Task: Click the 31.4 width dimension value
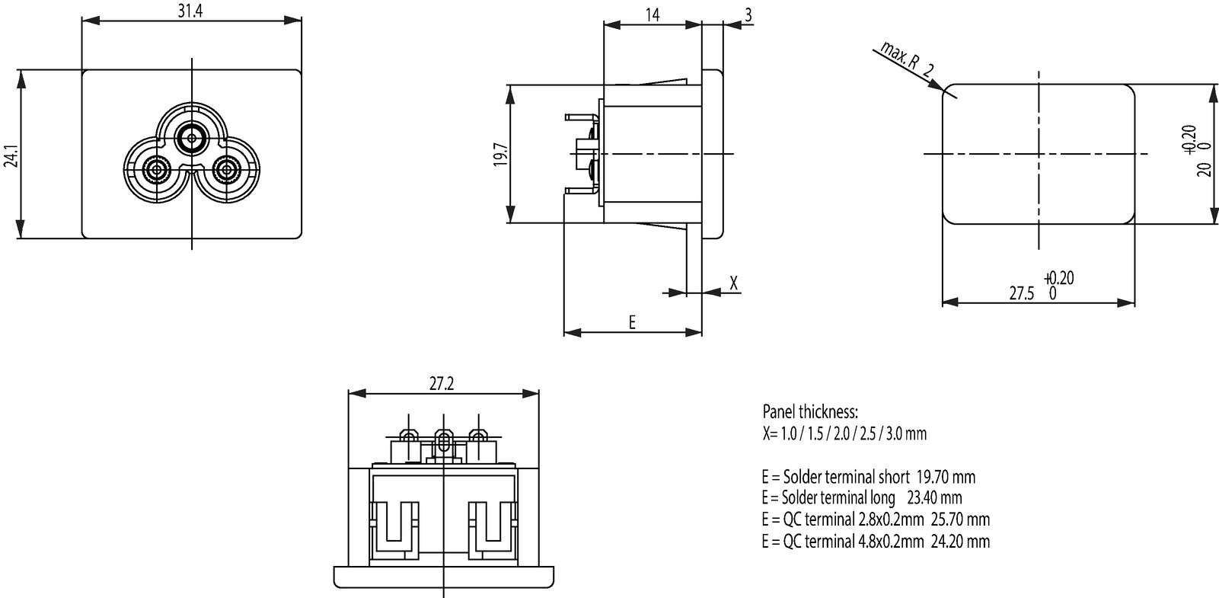tap(190, 11)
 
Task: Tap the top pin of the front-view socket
tap(192, 139)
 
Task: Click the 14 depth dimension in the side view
tap(653, 14)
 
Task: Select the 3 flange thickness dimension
tap(748, 15)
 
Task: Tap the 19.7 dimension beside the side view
tap(501, 155)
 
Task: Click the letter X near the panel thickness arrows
tap(733, 283)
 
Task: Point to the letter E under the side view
tap(632, 322)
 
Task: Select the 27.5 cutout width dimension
tap(1021, 293)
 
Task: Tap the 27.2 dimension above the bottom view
tap(442, 384)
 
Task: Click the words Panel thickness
tap(810, 411)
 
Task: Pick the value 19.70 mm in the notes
tap(946, 477)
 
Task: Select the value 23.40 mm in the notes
tap(934, 497)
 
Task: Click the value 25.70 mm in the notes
tap(961, 519)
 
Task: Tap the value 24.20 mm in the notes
tap(961, 541)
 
